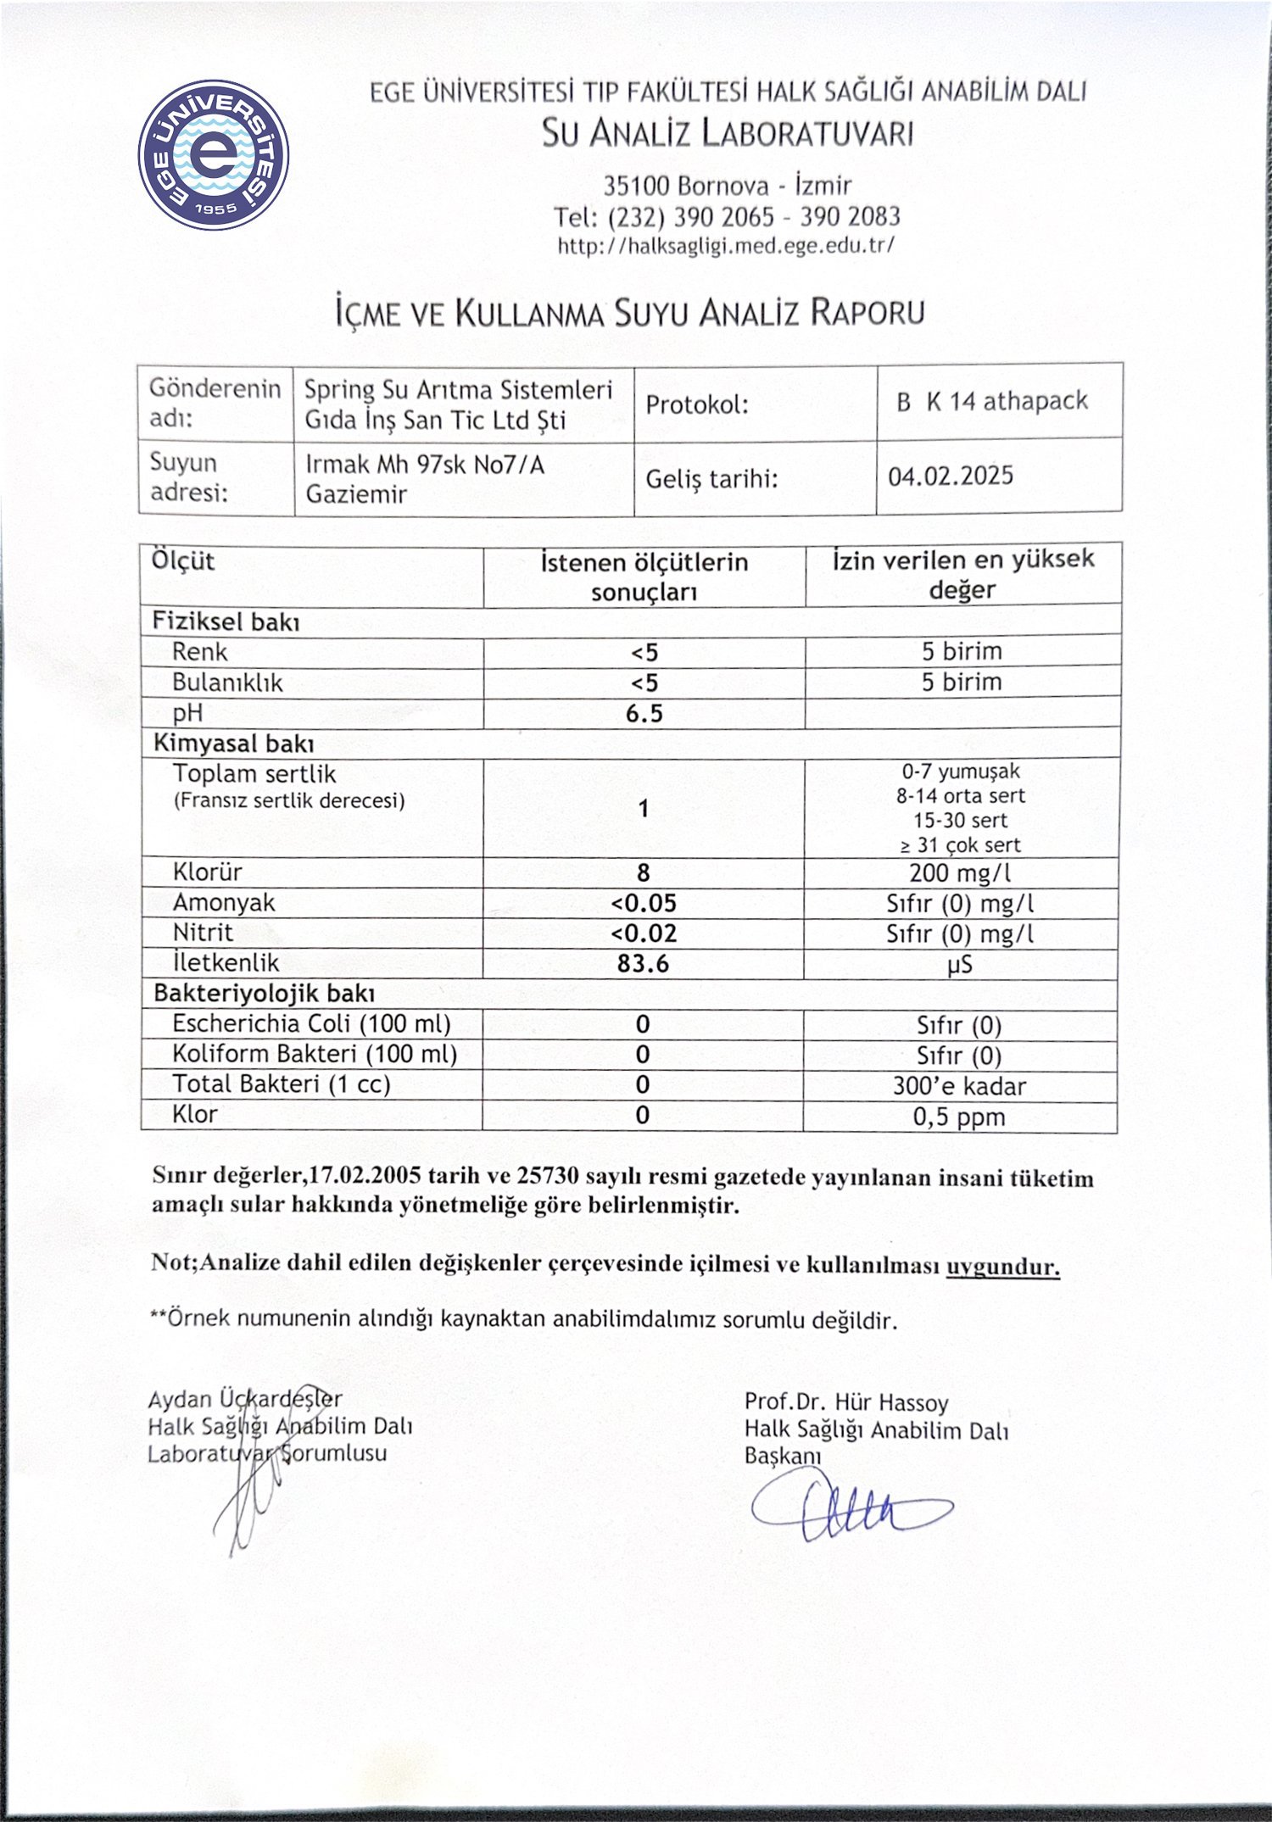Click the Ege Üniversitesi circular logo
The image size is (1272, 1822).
pyautogui.click(x=214, y=155)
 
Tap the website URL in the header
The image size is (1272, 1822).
pyautogui.click(x=726, y=246)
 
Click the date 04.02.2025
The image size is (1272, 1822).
pyautogui.click(x=951, y=476)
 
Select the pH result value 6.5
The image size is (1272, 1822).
pyautogui.click(x=644, y=714)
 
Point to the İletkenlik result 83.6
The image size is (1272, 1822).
pyautogui.click(x=643, y=964)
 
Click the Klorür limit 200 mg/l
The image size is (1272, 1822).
pyautogui.click(x=960, y=872)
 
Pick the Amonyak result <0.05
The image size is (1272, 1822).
pyautogui.click(x=644, y=903)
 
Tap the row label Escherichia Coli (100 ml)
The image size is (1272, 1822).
pyautogui.click(x=311, y=1024)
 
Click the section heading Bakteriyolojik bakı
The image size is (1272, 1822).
pyautogui.click(x=264, y=994)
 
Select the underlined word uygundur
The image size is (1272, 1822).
pyautogui.click(x=1002, y=1268)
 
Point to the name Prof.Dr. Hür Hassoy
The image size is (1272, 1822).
pyautogui.click(x=846, y=1402)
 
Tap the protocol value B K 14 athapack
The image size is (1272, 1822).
pyautogui.click(x=992, y=401)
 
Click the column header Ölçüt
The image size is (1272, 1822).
pyautogui.click(x=183, y=561)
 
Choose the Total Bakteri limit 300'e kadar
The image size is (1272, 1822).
pyautogui.click(x=959, y=1087)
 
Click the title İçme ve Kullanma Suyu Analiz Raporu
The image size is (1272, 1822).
pyautogui.click(x=629, y=313)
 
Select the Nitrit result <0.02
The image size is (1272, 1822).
pyautogui.click(x=644, y=933)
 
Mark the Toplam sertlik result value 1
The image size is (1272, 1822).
pyautogui.click(x=644, y=808)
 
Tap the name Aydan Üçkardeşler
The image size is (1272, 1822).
pyautogui.click(x=245, y=1399)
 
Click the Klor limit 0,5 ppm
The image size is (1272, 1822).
pyautogui.click(x=959, y=1117)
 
